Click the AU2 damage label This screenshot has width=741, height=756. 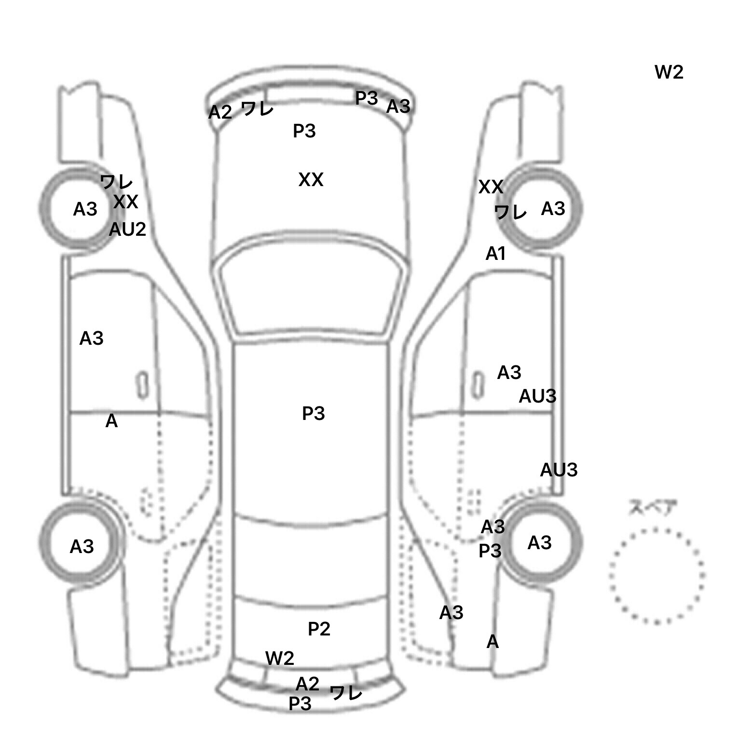[127, 229]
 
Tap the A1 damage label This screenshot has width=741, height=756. [495, 253]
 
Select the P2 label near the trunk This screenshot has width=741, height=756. [319, 629]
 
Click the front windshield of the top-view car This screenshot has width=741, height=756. [311, 294]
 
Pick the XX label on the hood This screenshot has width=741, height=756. [311, 180]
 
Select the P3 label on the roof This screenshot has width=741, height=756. [314, 413]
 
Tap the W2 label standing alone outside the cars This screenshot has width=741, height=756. [669, 72]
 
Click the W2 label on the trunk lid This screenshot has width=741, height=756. [279, 658]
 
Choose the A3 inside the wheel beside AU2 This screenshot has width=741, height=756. [85, 209]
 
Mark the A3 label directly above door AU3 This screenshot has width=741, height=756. [509, 372]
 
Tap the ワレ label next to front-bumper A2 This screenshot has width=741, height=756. [257, 109]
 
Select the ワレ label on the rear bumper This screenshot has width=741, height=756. [346, 693]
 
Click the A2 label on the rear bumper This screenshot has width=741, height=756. [307, 684]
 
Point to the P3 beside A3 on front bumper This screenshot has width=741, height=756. [366, 98]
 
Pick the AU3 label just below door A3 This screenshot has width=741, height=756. [537, 396]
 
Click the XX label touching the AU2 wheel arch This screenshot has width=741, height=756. [125, 202]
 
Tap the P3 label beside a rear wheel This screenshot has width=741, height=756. [490, 550]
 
